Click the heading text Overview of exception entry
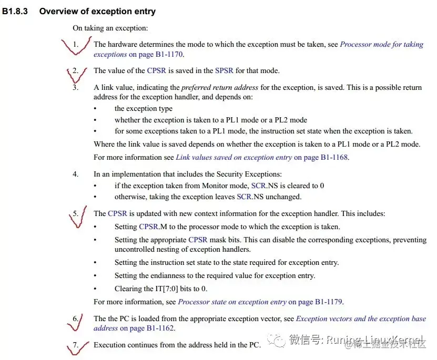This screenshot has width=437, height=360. [97, 11]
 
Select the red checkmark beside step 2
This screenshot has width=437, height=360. [76, 74]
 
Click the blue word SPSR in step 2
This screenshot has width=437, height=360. [224, 70]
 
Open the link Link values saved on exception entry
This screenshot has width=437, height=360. [233, 157]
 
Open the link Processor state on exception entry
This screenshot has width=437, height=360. [232, 302]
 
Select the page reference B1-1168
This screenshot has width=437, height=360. [334, 157]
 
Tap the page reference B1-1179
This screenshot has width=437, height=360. [329, 302]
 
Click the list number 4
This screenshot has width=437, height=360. [76, 174]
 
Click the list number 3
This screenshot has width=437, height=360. [76, 87]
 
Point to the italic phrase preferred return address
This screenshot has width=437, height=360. [219, 87]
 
